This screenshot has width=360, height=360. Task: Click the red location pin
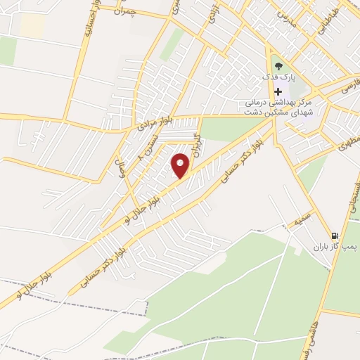tap(181, 165)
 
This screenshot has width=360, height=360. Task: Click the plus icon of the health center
tap(278, 91)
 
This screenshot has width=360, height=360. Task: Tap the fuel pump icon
tap(335, 236)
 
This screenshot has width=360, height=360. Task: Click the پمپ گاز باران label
tap(335, 247)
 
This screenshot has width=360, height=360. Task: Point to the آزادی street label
tap(209, 15)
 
